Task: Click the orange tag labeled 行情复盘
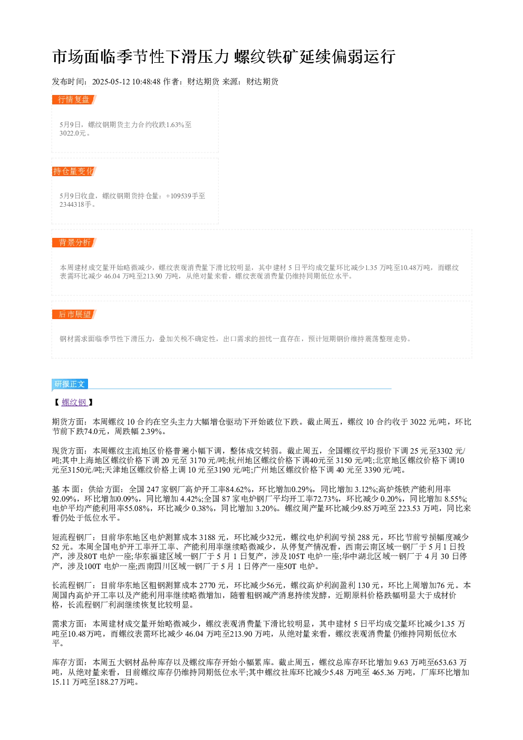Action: pos(74,100)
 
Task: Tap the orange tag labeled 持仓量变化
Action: pos(74,171)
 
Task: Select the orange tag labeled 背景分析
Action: pos(74,243)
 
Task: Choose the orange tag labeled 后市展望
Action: pos(74,314)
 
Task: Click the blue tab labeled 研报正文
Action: pos(70,384)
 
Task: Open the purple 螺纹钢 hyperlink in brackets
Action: pos(74,402)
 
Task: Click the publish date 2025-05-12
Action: pos(111,82)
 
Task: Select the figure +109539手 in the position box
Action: pos(181,196)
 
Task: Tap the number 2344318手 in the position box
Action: pos(75,205)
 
